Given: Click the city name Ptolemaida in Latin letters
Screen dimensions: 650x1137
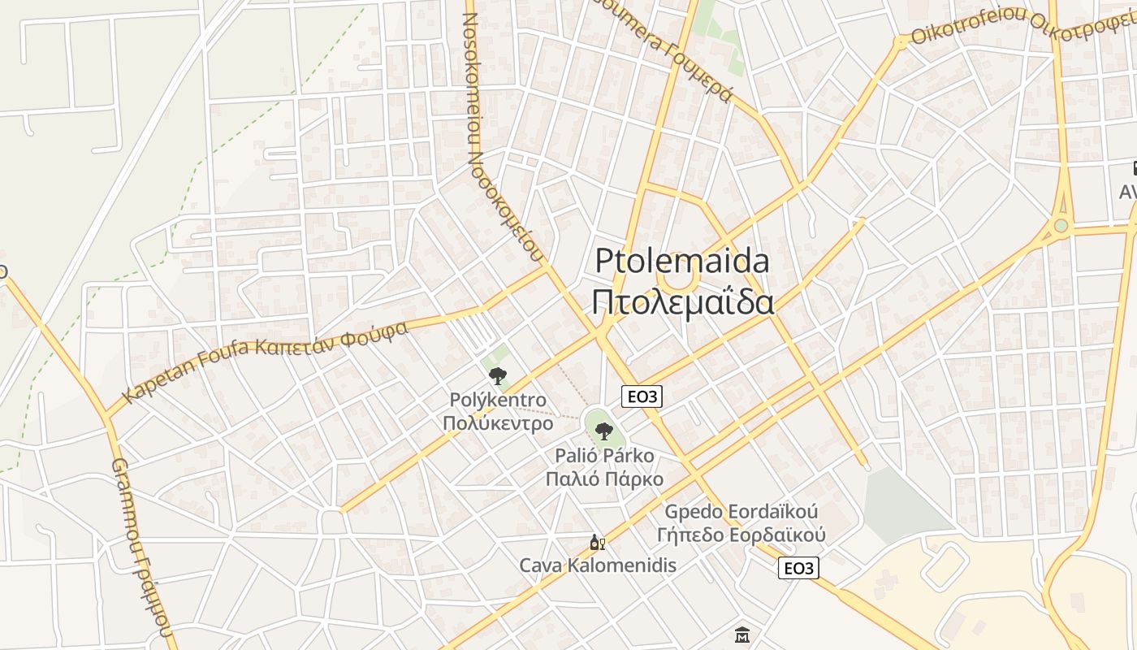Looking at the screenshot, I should [x=682, y=262].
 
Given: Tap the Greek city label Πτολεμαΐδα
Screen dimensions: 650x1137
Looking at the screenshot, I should [x=682, y=302].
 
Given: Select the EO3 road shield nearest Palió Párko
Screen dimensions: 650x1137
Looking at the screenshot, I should [x=642, y=396].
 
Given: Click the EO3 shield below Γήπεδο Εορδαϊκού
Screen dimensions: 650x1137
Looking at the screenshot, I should [x=798, y=568].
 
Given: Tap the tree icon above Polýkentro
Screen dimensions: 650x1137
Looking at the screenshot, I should [x=497, y=375].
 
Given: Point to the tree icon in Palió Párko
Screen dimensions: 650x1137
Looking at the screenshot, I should [x=603, y=431].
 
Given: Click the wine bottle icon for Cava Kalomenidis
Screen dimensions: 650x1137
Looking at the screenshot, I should [x=597, y=543].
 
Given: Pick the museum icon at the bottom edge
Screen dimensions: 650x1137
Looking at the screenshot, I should [x=742, y=635].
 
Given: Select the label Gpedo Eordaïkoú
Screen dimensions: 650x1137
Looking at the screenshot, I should [x=741, y=513].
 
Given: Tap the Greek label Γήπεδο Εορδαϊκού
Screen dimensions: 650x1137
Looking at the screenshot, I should [x=741, y=535].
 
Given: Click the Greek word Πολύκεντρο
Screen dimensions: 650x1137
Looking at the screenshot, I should [x=497, y=423].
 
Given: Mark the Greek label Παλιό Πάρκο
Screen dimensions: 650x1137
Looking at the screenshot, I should [x=603, y=479].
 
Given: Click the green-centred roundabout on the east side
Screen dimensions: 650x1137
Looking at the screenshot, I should [x=1061, y=225].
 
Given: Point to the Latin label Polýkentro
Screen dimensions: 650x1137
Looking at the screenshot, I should [x=497, y=401].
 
